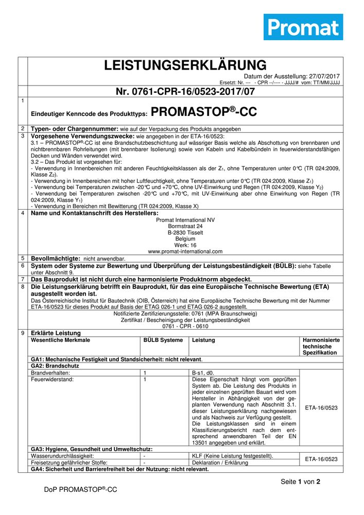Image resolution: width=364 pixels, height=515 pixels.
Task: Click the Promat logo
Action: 303,27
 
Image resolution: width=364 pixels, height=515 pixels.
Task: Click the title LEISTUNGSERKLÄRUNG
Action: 185,65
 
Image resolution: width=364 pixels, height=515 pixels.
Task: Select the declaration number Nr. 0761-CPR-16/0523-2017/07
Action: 185,92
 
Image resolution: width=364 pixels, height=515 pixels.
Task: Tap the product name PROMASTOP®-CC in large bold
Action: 204,112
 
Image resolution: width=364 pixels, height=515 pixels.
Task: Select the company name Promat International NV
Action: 185,220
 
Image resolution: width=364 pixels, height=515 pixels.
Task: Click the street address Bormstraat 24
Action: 185,226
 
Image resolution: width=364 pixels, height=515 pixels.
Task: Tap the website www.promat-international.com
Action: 185,251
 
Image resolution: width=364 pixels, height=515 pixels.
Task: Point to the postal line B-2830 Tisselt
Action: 185,232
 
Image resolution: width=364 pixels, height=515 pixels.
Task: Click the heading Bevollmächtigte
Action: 56,258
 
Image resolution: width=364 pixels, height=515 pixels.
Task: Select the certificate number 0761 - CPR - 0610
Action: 185,326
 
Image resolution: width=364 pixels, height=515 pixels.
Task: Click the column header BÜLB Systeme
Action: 163,340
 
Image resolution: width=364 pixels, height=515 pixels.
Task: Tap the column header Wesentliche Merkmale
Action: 61,340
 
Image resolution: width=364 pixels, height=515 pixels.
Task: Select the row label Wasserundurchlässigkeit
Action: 62,456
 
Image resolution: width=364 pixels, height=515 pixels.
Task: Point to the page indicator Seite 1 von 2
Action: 301,482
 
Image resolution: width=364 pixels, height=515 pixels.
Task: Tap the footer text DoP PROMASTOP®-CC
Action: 81,490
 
